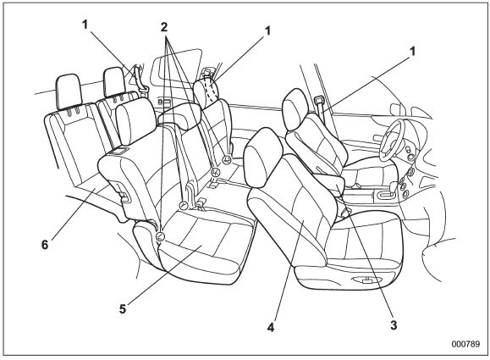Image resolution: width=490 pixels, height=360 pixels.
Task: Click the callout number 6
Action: [x=45, y=245]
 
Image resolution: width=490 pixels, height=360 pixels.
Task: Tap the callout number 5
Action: [x=123, y=309]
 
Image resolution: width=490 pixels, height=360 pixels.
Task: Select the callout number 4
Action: [x=271, y=328]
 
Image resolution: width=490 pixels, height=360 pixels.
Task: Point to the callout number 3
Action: [x=394, y=325]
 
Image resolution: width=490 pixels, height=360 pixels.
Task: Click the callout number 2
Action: [x=164, y=27]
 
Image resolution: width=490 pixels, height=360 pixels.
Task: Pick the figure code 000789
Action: [x=465, y=344]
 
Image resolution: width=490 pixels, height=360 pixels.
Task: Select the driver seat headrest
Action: [x=295, y=108]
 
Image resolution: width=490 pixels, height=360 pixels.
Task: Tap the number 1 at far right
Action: [x=413, y=52]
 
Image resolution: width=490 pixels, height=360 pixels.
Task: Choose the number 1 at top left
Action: [x=85, y=25]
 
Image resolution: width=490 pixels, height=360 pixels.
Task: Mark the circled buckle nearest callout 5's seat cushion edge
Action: [x=160, y=235]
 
